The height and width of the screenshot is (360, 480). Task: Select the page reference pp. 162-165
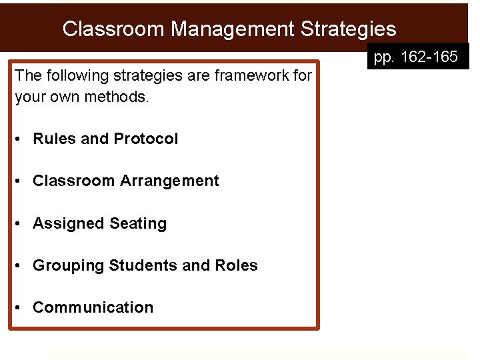(416, 58)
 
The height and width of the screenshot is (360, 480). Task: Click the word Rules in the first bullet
(54, 139)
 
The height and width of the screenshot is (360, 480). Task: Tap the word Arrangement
(169, 181)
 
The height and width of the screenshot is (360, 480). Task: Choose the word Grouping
(68, 265)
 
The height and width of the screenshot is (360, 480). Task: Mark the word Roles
(236, 265)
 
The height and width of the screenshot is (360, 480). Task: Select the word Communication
(93, 307)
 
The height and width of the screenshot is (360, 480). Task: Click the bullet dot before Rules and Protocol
(21, 139)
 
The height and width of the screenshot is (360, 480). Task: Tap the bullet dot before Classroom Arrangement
(21, 181)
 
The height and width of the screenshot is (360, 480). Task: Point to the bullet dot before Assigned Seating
(21, 224)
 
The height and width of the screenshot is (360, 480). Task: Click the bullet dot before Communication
(21, 308)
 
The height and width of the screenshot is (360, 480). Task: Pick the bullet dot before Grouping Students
(21, 266)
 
